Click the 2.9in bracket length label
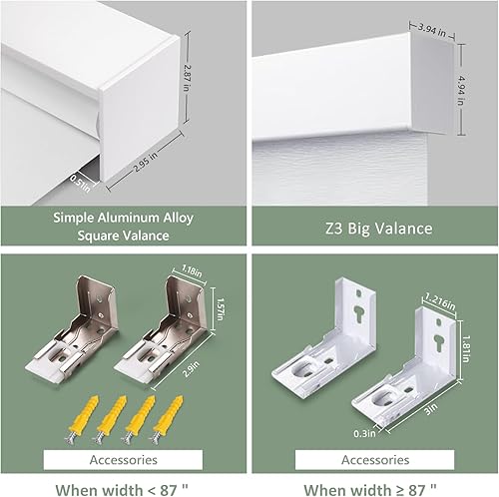pos(207,368)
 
